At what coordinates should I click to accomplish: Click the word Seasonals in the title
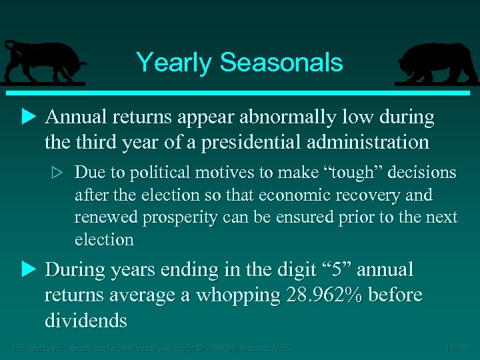click(x=281, y=63)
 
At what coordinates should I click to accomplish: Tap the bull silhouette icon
click(x=43, y=63)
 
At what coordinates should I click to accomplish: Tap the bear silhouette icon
click(x=436, y=63)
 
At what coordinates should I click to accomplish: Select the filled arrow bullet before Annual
click(x=27, y=118)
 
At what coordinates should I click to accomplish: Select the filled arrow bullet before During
click(x=27, y=270)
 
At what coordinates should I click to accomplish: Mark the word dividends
click(x=85, y=321)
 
